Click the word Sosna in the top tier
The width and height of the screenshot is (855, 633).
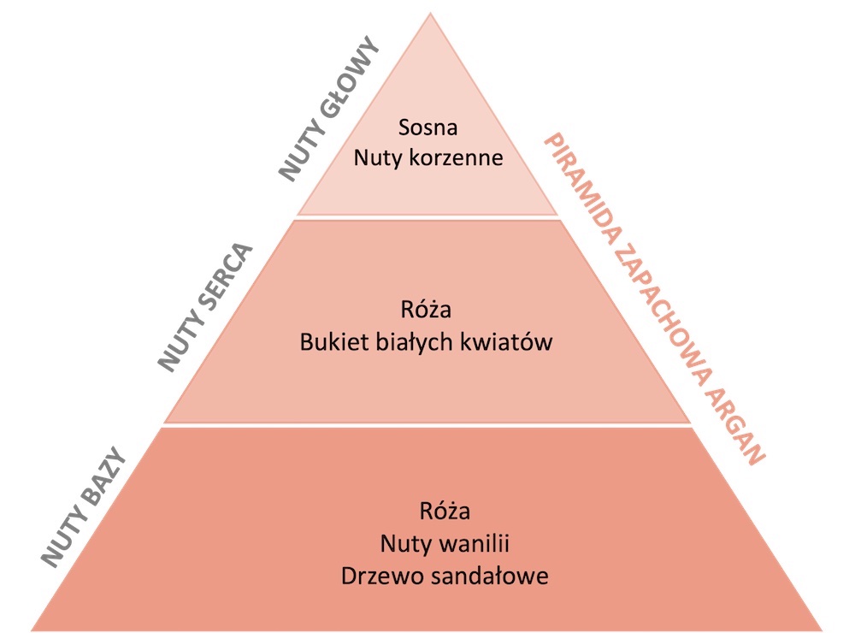click(x=428, y=127)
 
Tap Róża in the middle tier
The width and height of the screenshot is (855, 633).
click(x=426, y=309)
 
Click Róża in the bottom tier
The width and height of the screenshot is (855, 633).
click(x=445, y=510)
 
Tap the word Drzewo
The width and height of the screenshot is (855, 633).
click(x=375, y=577)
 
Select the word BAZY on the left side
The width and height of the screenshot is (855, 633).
click(x=103, y=480)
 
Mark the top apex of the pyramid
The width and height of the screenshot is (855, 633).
click(x=430, y=13)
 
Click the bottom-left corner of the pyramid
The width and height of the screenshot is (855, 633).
click(x=31, y=630)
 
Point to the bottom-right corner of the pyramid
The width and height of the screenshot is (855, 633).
click(x=823, y=630)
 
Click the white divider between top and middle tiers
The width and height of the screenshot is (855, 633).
click(x=428, y=217)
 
